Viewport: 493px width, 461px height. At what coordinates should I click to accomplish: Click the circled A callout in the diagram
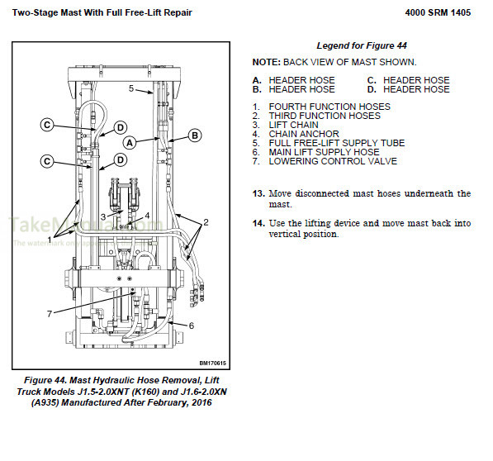pyautogui.click(x=130, y=142)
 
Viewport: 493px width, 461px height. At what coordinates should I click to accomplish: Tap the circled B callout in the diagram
pyautogui.click(x=195, y=135)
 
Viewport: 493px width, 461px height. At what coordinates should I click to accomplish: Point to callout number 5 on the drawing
pyautogui.click(x=130, y=88)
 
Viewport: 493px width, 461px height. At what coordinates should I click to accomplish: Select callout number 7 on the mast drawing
pyautogui.click(x=49, y=313)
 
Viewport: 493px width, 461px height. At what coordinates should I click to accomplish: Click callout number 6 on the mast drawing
pyautogui.click(x=191, y=326)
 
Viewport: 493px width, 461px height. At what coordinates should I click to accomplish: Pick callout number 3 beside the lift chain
pyautogui.click(x=102, y=216)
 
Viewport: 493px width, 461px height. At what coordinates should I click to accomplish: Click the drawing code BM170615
pyautogui.click(x=213, y=362)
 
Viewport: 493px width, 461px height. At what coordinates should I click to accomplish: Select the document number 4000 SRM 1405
pyautogui.click(x=443, y=14)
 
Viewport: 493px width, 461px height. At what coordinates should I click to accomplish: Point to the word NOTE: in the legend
pyautogui.click(x=267, y=62)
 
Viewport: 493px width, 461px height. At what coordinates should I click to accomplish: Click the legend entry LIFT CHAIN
pyautogui.click(x=293, y=125)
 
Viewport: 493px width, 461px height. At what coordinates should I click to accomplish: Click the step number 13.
pyautogui.click(x=258, y=193)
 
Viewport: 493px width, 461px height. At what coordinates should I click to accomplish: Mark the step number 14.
pyautogui.click(x=258, y=223)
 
